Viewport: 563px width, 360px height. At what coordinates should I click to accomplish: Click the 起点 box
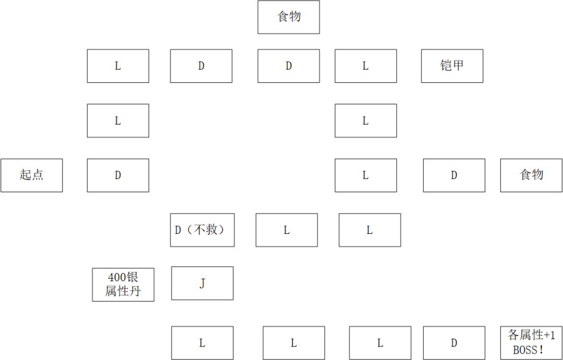32,175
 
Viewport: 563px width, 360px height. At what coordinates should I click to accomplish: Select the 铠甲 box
452,66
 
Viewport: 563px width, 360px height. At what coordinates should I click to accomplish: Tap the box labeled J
202,283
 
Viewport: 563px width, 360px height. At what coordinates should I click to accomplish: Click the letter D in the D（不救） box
178,230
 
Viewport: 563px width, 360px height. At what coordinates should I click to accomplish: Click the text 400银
123,278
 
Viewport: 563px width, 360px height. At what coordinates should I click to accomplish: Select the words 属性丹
123,291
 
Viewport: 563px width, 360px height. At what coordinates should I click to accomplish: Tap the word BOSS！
529,350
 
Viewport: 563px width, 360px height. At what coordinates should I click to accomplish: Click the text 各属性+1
531,336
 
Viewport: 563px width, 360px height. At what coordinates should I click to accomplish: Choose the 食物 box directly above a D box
289,17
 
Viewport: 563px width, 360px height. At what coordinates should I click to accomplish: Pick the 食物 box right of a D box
531,175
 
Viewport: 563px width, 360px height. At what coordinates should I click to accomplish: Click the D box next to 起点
118,175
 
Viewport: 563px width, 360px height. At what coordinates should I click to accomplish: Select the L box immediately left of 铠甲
366,66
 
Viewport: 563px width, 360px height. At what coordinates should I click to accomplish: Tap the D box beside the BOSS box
454,343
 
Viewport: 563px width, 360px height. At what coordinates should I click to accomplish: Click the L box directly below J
202,343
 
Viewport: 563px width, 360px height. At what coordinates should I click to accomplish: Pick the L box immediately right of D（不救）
287,230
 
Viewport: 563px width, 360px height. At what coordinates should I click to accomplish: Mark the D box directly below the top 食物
289,66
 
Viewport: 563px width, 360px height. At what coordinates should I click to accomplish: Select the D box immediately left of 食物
454,175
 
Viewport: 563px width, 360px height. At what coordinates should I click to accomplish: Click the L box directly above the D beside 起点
118,120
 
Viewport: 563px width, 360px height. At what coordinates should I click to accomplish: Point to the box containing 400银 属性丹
123,284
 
